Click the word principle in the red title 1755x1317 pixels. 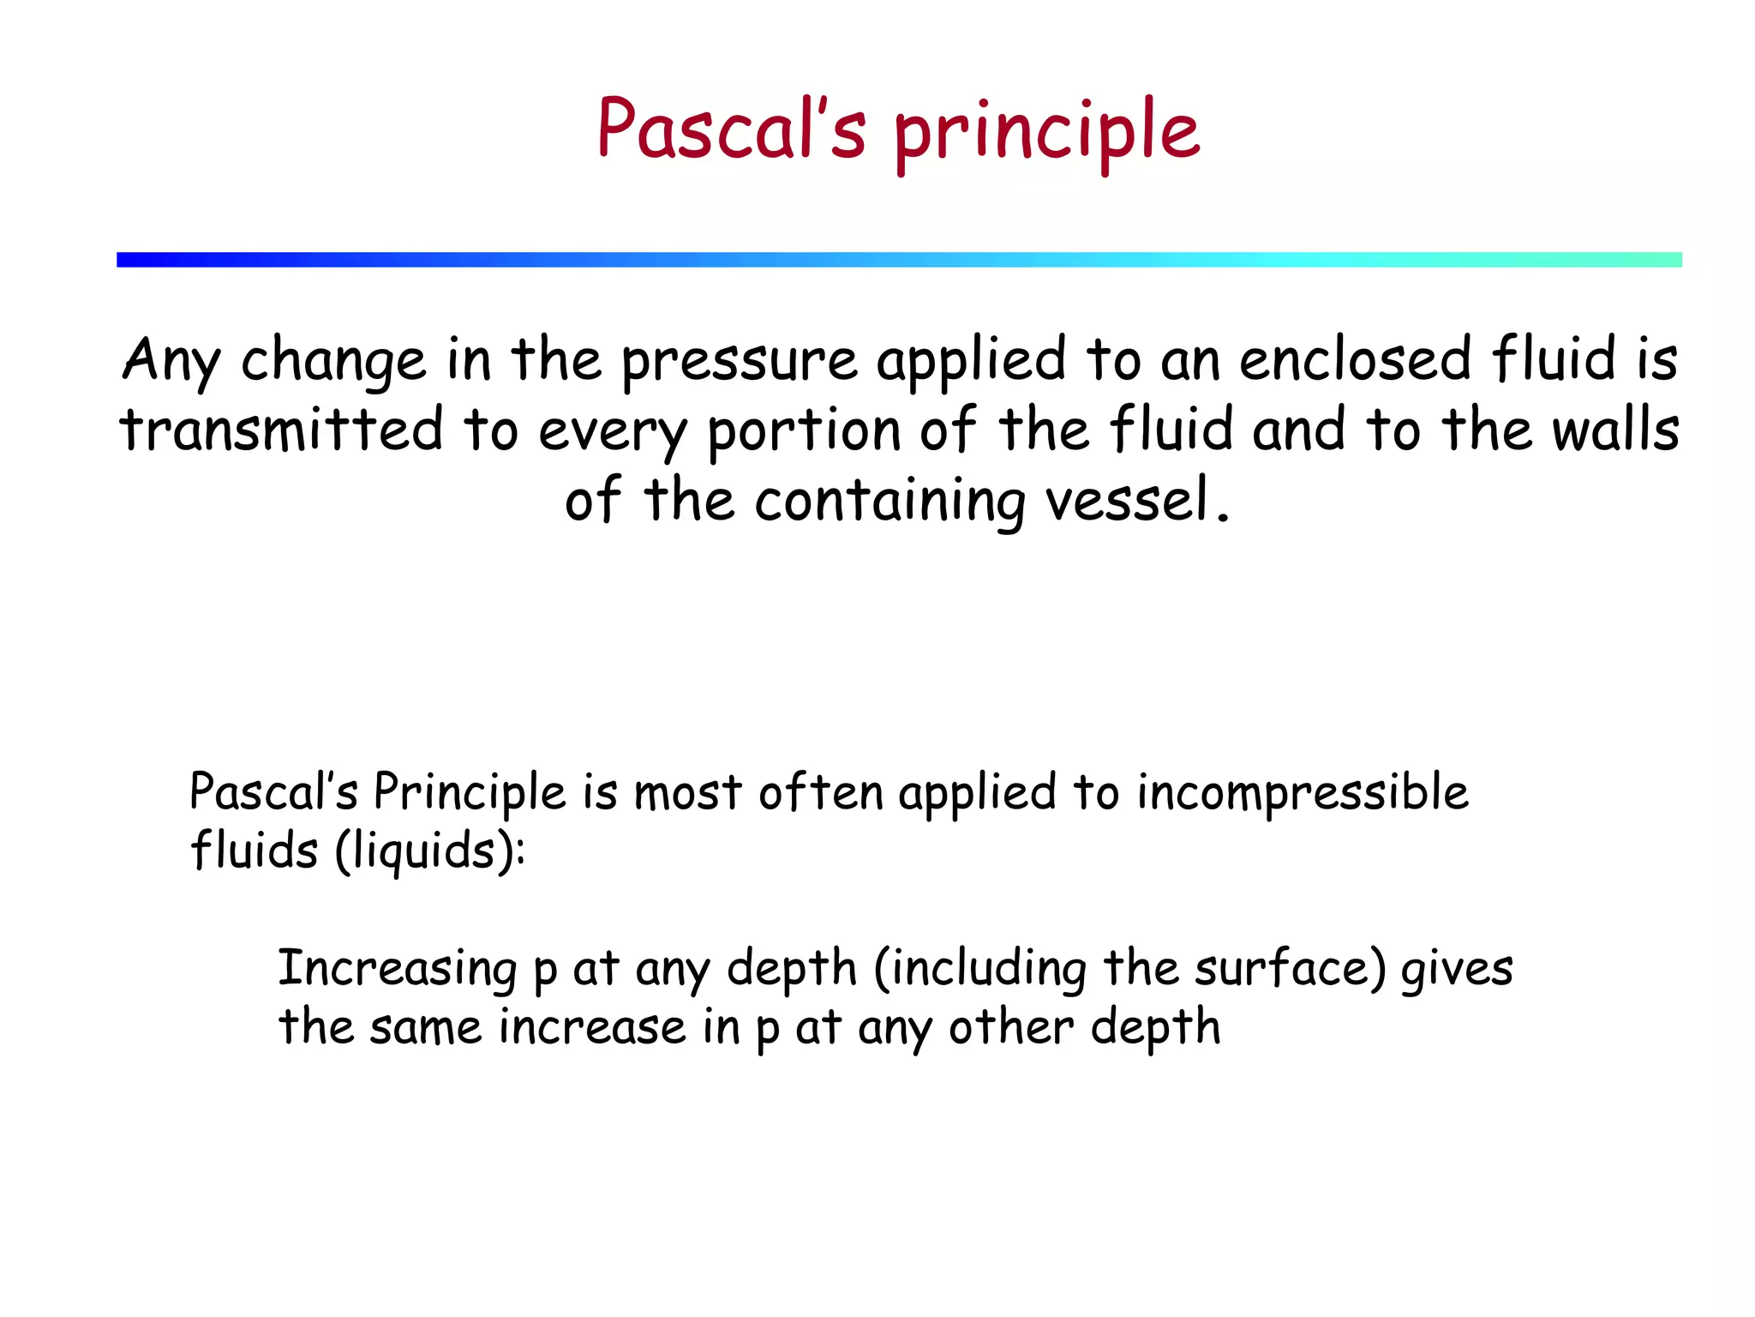click(1046, 133)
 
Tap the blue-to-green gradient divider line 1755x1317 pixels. click(899, 260)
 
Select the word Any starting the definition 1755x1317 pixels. click(171, 360)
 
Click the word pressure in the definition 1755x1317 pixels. click(739, 362)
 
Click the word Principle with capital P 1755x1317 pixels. click(470, 792)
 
